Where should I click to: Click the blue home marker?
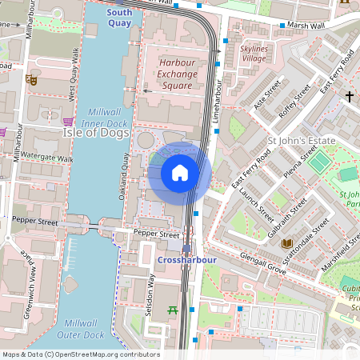180,173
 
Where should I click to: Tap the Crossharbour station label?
185,261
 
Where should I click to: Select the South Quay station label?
119,18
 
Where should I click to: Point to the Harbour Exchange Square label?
177,74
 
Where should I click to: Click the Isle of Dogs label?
91,133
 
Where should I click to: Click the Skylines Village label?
254,54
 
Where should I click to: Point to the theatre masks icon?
31,79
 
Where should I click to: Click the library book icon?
286,243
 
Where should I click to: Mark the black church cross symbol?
349,96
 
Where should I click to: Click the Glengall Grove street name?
263,264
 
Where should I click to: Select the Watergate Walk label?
46,158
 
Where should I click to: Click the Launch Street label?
256,204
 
